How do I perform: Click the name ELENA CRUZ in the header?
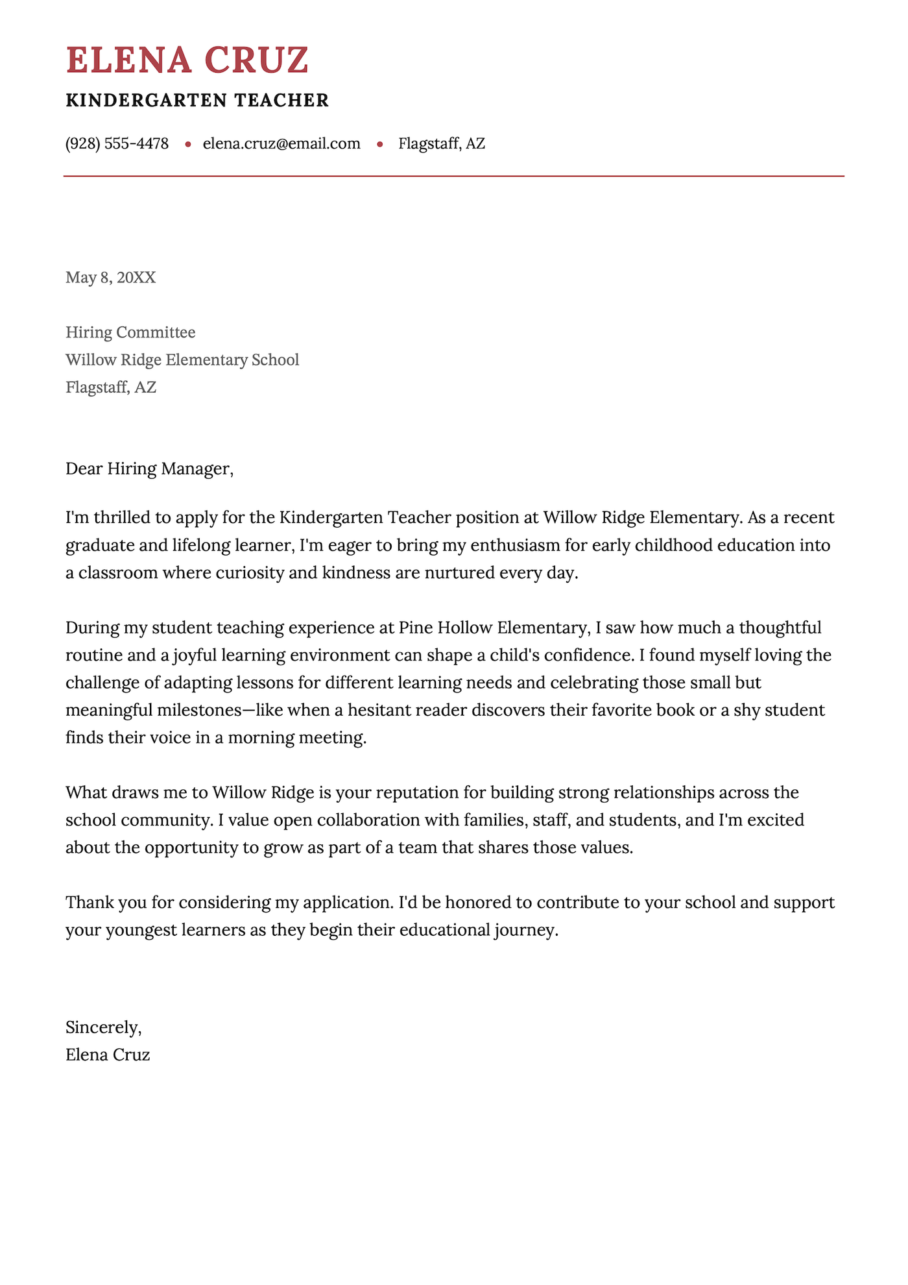point(187,60)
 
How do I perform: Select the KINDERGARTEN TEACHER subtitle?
point(197,101)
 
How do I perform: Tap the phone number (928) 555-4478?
point(117,143)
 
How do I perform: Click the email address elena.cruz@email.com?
point(281,143)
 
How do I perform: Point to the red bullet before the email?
point(188,144)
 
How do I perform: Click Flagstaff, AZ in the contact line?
point(441,143)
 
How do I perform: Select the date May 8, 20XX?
point(110,278)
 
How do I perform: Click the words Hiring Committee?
point(130,332)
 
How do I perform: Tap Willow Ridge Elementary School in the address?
point(182,360)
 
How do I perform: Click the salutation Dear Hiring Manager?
point(149,469)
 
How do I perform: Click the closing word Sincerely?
point(102,1027)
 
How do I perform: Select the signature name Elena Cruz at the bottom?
point(108,1055)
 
